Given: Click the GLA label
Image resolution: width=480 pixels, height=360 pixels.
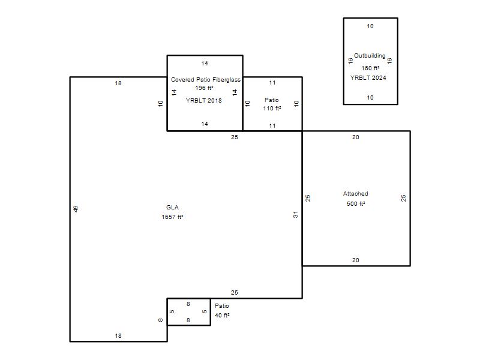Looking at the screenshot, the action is pos(172,207).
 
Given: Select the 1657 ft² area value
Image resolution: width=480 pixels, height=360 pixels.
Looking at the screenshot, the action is pos(172,217).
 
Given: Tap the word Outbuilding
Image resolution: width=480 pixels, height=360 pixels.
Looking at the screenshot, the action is pos(370,56).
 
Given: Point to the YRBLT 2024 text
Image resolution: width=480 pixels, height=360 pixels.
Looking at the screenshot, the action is pos(368,78).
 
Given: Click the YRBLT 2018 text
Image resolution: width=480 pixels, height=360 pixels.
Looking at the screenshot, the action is pos(203,100).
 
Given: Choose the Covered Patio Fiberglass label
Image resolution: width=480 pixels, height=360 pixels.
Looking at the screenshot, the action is pos(206,80).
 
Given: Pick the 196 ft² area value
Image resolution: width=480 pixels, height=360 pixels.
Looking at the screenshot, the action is pos(204,88).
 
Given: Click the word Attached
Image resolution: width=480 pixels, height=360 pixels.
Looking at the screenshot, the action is pos(355,193).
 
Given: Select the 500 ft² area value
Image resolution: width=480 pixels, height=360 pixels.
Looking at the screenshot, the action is pos(356,203).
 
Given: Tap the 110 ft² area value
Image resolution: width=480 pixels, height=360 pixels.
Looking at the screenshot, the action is pos(272,109).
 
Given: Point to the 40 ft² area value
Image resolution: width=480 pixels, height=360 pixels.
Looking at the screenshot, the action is pos(222,316).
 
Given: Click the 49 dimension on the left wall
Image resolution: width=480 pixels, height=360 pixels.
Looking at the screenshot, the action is pos(76,209).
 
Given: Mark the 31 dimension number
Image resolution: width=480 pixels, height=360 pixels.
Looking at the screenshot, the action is pos(295,215).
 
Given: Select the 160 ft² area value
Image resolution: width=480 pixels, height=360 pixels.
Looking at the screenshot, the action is pos(370,68).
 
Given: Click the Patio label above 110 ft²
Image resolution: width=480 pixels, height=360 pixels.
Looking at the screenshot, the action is pos(272,100).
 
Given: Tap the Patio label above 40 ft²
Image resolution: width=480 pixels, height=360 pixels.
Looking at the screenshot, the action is pos(222,305).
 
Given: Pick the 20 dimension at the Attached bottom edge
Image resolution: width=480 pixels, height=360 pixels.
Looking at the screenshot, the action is pos(355,260).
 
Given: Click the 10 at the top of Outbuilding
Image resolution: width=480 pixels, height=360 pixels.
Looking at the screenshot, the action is pos(370,26).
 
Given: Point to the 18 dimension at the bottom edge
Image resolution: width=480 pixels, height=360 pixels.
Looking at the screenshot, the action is pos(118,336).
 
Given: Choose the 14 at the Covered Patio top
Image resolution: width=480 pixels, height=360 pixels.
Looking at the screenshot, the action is pos(205,64).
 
